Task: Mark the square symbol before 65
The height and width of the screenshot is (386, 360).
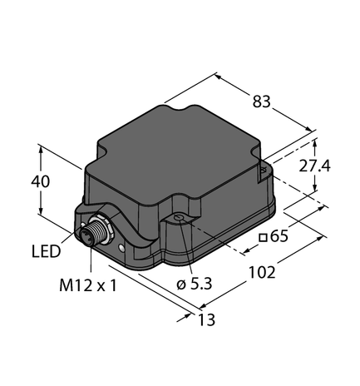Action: (262, 238)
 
